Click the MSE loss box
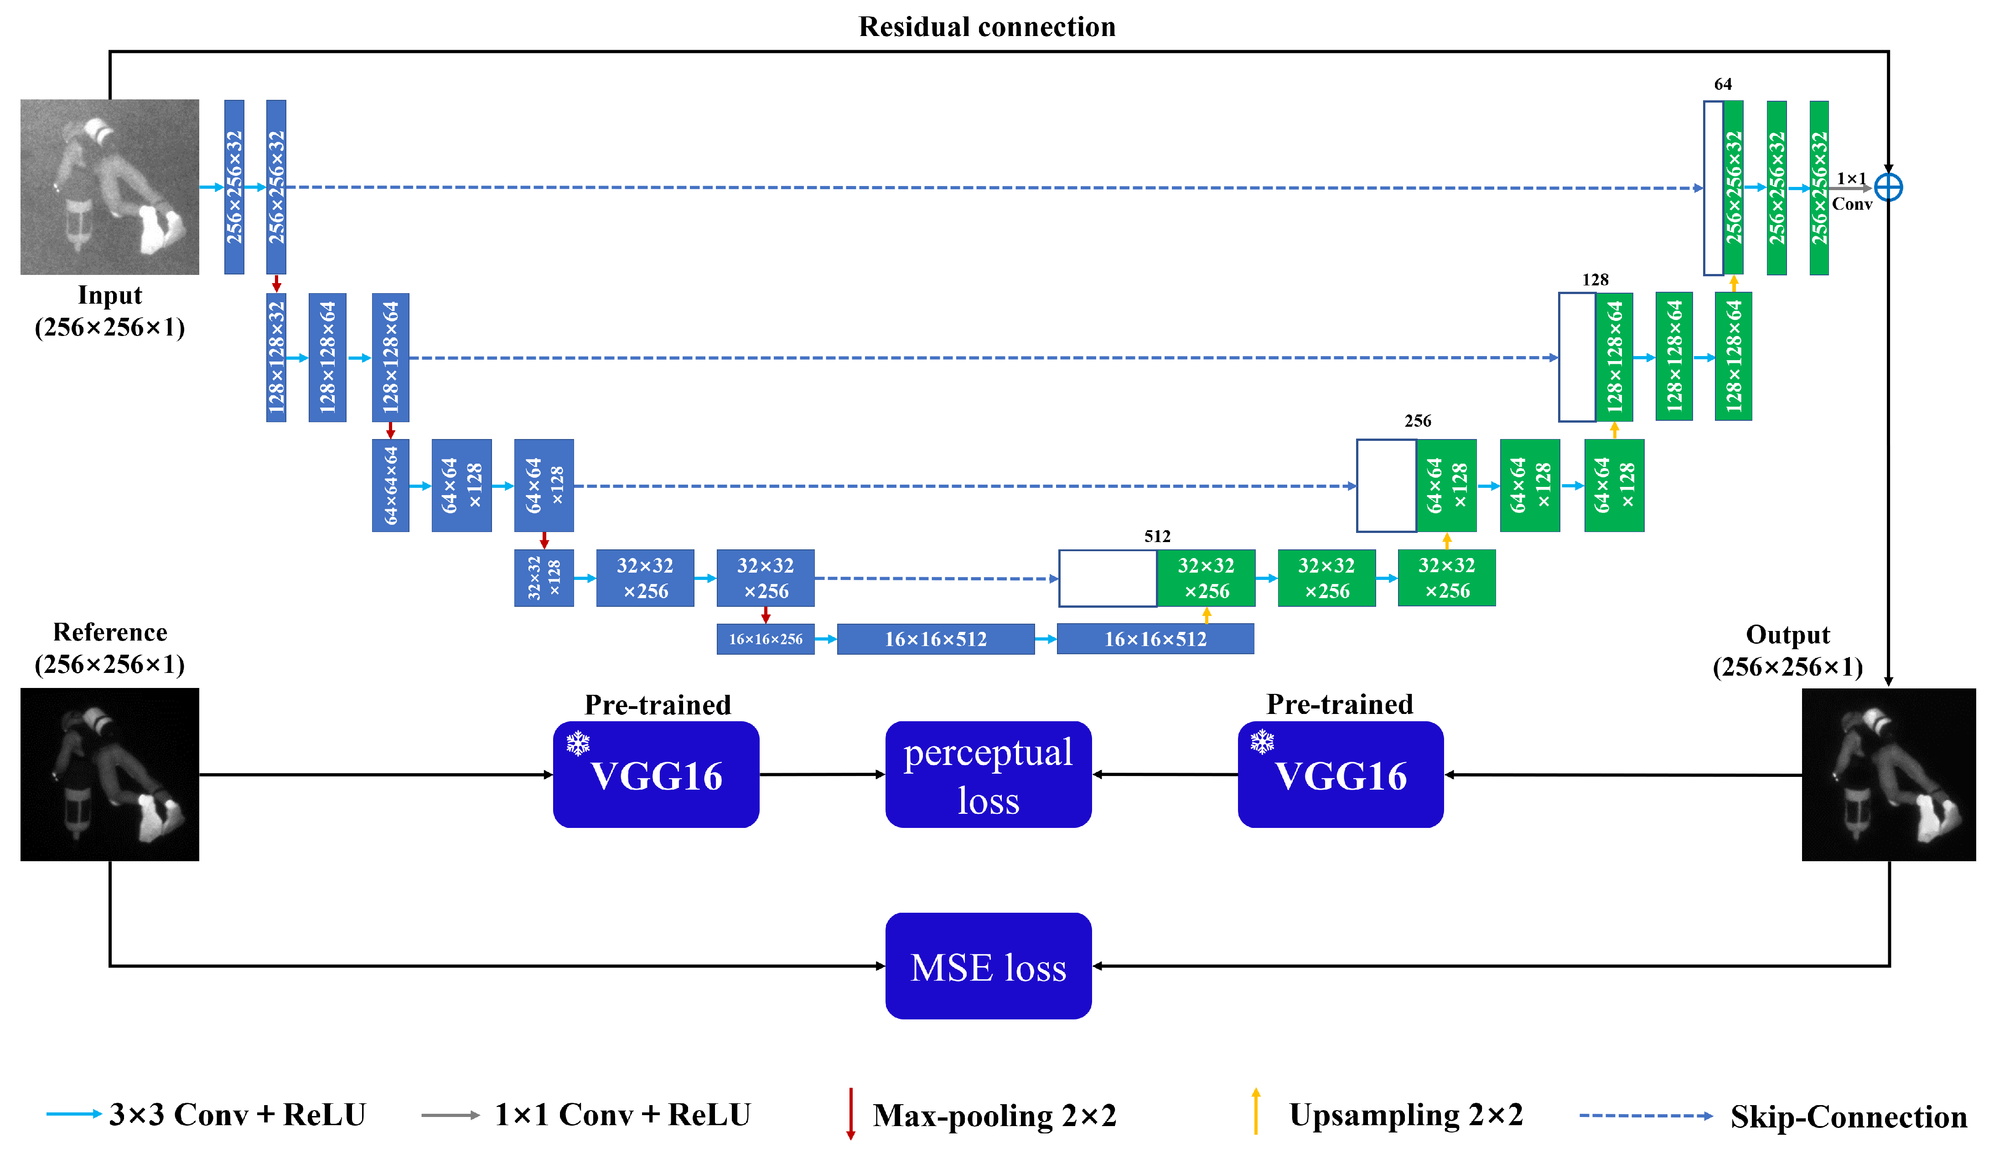coord(988,966)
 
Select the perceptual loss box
coord(988,775)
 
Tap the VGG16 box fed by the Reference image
coord(656,775)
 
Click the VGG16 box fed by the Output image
coord(1341,775)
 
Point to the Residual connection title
coord(987,27)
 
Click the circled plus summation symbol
coord(1889,187)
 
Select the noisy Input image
coord(110,186)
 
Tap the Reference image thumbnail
coord(110,775)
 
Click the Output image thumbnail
coord(1889,775)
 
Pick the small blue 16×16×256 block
coord(765,639)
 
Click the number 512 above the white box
coord(1157,536)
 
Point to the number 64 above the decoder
coord(1723,84)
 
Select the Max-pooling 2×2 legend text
coord(994,1115)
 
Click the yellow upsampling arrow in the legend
coord(1256,1111)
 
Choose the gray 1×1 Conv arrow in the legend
coord(450,1115)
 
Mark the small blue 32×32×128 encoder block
coord(544,578)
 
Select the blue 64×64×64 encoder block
coord(391,486)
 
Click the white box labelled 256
coord(1386,486)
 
